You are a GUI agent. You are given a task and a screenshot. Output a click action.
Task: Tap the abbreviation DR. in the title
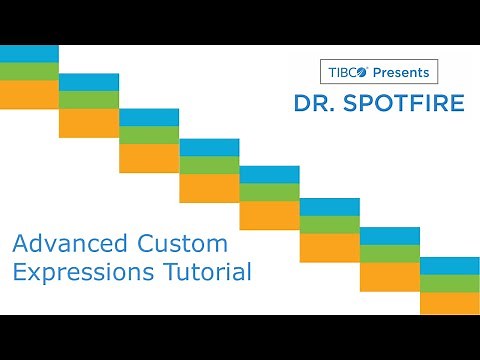coord(313,103)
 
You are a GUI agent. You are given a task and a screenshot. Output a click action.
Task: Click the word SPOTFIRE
coord(392,103)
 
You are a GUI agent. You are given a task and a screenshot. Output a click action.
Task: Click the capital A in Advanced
coord(19,244)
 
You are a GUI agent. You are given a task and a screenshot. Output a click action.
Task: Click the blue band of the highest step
coord(29,53)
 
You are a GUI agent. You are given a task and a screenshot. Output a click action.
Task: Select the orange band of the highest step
coord(29,94)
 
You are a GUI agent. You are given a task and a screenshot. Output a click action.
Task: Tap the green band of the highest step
coord(29,70)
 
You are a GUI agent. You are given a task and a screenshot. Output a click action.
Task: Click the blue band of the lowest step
coord(449,265)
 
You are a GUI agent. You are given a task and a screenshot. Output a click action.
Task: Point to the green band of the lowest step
coord(449,283)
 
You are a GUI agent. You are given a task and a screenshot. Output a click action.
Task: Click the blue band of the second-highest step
coord(89,82)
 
